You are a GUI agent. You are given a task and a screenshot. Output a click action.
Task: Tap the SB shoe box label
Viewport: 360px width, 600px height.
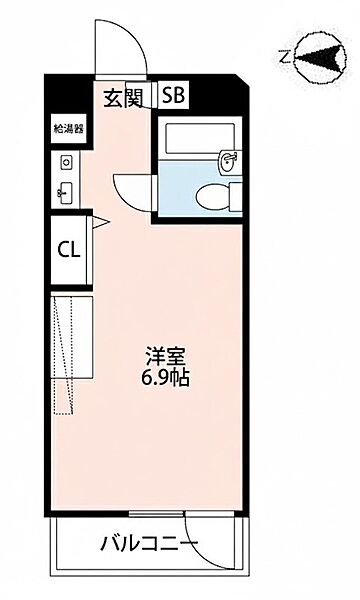pos(173,97)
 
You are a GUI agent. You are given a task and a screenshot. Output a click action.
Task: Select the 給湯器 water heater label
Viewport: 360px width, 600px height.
pos(68,128)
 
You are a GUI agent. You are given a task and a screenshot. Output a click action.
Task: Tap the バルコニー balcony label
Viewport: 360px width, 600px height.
pos(149,545)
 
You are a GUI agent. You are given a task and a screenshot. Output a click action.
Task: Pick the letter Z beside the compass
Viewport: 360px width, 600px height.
pos(284,58)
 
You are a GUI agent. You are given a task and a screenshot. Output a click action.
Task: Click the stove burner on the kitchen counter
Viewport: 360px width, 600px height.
pos(67,161)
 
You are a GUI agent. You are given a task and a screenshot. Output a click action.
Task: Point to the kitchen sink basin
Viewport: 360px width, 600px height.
pos(67,192)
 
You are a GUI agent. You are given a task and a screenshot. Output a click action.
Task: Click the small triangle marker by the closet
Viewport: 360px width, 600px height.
pos(99,222)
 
